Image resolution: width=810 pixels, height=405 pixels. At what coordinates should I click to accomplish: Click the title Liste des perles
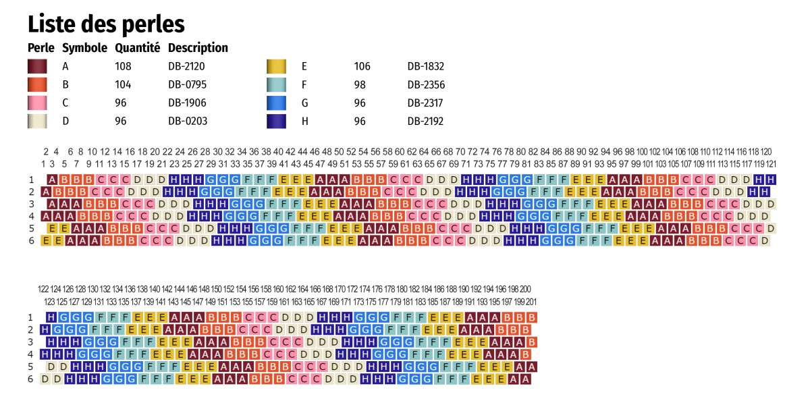click(x=106, y=24)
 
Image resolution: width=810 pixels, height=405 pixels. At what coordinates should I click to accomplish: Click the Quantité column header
click(x=137, y=48)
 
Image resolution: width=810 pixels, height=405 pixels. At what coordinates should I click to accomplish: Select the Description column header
click(x=198, y=48)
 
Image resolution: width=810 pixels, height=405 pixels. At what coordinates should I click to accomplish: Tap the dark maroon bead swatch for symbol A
click(x=37, y=66)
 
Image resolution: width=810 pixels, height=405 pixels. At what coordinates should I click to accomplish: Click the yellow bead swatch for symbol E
click(x=276, y=66)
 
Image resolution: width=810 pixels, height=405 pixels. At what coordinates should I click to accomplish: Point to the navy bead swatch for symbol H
click(x=276, y=121)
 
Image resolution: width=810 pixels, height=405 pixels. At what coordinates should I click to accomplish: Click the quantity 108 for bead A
click(x=123, y=66)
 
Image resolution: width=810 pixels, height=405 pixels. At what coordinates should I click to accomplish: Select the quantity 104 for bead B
click(x=123, y=84)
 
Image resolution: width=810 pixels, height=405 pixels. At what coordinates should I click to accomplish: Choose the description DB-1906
click(x=187, y=103)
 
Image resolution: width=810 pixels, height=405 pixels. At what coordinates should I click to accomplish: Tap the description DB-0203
click(x=187, y=121)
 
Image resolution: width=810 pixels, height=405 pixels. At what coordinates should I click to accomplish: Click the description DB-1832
click(x=426, y=66)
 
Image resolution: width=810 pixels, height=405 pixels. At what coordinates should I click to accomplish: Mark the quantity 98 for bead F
click(x=360, y=84)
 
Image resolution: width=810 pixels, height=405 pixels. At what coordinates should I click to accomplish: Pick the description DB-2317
click(x=426, y=103)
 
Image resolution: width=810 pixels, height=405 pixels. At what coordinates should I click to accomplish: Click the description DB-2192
click(x=426, y=121)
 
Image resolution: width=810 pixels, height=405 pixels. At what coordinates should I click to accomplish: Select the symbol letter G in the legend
click(x=304, y=103)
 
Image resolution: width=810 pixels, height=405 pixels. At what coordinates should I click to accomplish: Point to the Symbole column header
click(x=84, y=48)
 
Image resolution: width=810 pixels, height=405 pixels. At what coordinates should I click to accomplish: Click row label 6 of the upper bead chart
click(x=30, y=240)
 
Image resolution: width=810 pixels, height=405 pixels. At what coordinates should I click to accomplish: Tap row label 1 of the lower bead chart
click(x=30, y=317)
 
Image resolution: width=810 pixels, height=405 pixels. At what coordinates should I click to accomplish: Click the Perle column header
click(x=40, y=48)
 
